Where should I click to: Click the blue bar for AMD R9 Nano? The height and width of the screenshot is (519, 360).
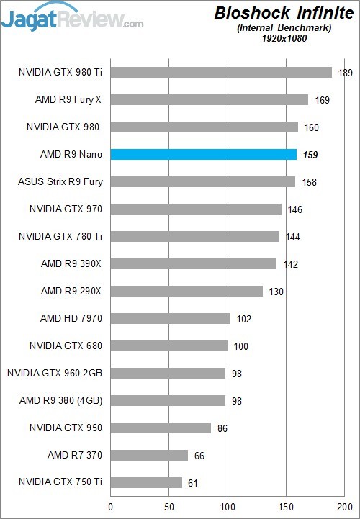[x=203, y=155]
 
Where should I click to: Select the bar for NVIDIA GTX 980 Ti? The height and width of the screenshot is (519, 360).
[x=221, y=73]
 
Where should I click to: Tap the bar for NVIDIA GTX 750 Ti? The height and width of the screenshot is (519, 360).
[x=146, y=482]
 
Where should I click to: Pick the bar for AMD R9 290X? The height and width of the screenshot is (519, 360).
[x=186, y=291]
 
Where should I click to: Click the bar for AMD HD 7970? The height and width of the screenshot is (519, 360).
[x=170, y=318]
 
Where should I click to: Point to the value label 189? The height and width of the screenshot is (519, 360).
[x=345, y=73]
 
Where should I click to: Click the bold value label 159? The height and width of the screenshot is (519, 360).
[x=310, y=155]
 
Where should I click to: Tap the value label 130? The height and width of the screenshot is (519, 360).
[x=276, y=291]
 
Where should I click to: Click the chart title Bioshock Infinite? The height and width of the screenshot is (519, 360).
[x=284, y=14]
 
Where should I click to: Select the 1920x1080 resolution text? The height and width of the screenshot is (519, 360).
[x=286, y=38]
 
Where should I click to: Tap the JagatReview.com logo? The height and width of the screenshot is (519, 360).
[x=72, y=17]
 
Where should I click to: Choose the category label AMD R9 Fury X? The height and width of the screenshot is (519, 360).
[x=68, y=99]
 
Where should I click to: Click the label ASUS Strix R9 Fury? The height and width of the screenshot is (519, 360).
[x=60, y=181]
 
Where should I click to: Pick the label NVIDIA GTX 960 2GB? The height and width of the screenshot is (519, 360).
[x=55, y=373]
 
